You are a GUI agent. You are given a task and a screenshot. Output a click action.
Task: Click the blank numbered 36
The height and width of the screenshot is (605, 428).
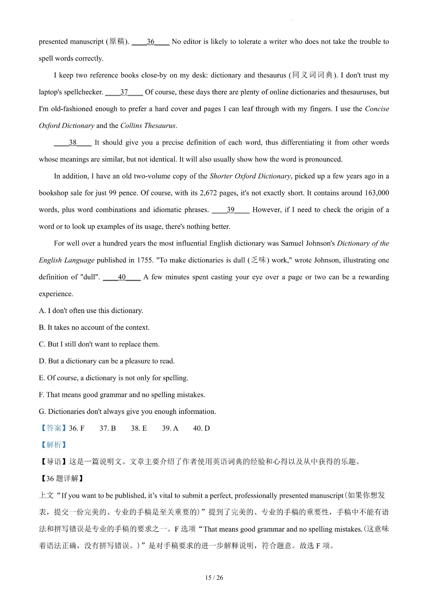pyautogui.click(x=151, y=42)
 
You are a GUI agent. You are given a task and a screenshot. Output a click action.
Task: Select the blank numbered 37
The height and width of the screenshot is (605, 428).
pyautogui.click(x=124, y=92)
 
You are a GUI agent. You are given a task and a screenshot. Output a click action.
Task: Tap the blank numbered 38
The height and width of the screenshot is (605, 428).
pyautogui.click(x=73, y=143)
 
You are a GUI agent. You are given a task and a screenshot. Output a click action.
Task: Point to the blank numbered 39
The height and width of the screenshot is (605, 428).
pyautogui.click(x=230, y=210)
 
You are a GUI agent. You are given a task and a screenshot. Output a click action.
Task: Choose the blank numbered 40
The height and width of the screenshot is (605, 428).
pyautogui.click(x=122, y=277)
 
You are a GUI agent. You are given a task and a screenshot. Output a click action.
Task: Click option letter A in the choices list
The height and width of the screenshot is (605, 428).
pyautogui.click(x=42, y=311)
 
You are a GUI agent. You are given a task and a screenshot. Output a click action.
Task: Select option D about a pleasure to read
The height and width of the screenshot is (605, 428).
pyautogui.click(x=107, y=361)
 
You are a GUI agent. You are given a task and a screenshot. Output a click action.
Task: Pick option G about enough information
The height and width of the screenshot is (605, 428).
pyautogui.click(x=127, y=411)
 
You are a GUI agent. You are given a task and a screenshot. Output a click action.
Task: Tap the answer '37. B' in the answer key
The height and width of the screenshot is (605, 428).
pyautogui.click(x=108, y=428)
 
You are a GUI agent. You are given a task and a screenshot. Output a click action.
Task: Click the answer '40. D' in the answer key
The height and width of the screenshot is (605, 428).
pyautogui.click(x=202, y=428)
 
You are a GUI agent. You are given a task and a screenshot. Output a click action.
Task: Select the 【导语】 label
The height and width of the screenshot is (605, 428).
pyautogui.click(x=53, y=462)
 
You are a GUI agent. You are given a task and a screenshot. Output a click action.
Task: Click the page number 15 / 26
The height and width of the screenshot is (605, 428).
pyautogui.click(x=214, y=578)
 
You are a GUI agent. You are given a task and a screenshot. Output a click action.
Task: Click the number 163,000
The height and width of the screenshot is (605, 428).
pyautogui.click(x=377, y=193)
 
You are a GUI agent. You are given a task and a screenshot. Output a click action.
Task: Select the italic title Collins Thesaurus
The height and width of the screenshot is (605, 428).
pyautogui.click(x=148, y=125)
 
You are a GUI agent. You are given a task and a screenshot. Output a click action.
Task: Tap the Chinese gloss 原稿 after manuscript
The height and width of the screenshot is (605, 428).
pyautogui.click(x=117, y=42)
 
